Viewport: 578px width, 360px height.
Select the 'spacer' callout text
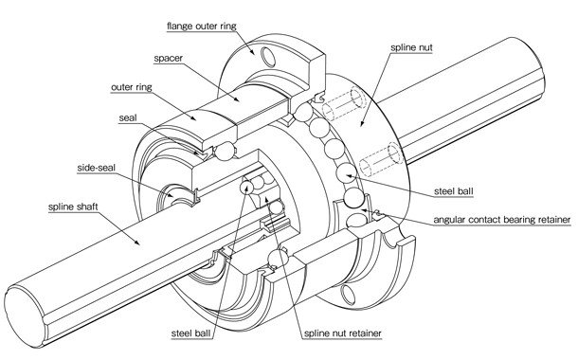[x=166, y=58]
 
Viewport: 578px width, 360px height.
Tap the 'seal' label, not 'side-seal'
[x=130, y=118]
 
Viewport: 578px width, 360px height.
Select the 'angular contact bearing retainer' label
[x=501, y=220]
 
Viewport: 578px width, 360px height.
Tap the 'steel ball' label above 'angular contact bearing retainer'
[x=460, y=189]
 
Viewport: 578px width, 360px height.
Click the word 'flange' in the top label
[x=183, y=25]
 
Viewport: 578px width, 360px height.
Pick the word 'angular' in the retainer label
[x=451, y=220]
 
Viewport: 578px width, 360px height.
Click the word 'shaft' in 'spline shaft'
[x=99, y=205]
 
